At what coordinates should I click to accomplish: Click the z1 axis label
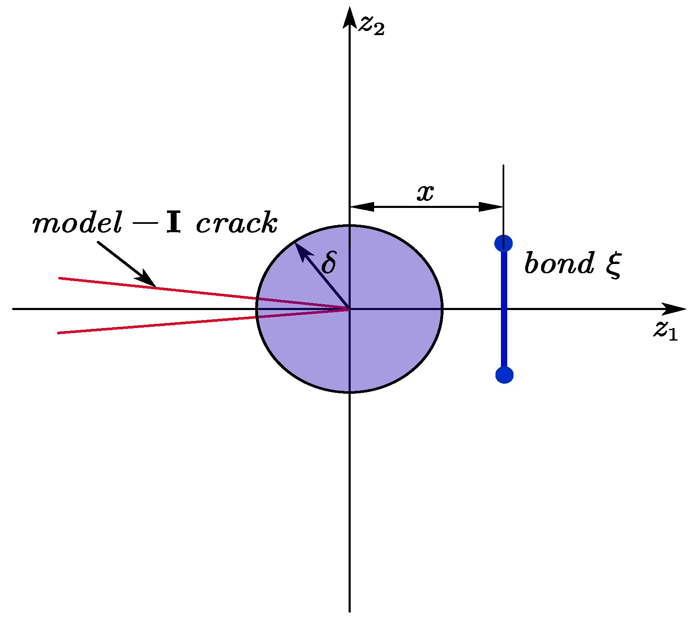pos(665,331)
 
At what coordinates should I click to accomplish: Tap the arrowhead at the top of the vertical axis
pos(349,17)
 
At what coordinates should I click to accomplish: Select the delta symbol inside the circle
pos(329,263)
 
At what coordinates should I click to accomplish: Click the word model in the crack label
pos(77,223)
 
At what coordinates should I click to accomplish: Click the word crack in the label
pos(236,223)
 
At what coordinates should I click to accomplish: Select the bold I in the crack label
pos(173,223)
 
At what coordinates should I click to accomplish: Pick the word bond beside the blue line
pos(559,264)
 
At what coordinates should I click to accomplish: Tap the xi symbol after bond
pos(613,265)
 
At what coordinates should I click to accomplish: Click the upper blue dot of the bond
pos(503,243)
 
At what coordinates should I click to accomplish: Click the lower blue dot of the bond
pos(504,375)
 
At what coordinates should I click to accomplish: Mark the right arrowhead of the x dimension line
pos(491,207)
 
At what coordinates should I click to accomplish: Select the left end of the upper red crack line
pos(59,278)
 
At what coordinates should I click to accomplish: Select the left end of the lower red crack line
pos(59,333)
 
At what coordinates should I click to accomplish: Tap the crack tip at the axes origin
pos(349,309)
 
